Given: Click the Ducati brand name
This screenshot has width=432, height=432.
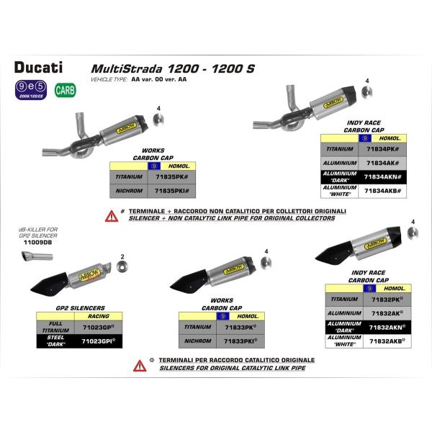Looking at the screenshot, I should (x=38, y=68).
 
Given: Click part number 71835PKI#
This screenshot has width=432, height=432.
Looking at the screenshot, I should (x=171, y=191).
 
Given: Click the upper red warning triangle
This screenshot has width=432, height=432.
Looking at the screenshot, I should (x=112, y=215).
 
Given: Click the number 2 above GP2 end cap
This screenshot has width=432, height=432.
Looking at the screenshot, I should (x=123, y=256).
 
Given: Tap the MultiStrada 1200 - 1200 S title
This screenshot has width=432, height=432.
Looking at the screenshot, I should (x=172, y=69).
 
